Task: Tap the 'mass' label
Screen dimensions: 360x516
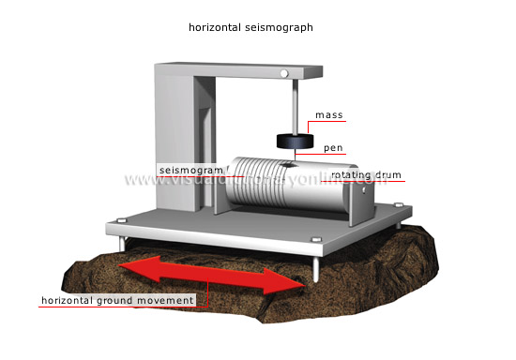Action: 328,115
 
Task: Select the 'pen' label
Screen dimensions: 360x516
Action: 333,147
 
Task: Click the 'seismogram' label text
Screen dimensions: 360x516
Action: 190,170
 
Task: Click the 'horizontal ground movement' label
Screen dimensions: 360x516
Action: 117,300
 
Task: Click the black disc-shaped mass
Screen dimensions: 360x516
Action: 293,142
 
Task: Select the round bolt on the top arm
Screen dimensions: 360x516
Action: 283,73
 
